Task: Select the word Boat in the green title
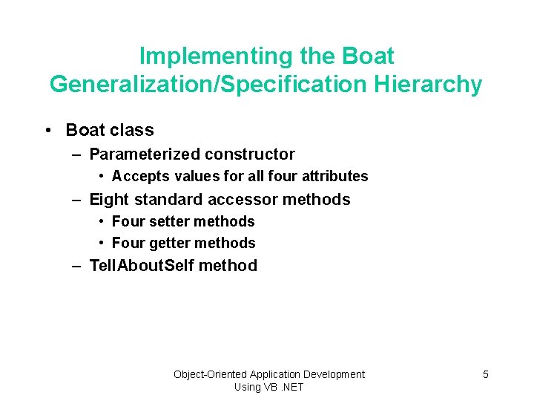369,56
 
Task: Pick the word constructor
250,154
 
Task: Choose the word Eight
108,200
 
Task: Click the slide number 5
486,374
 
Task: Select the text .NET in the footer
289,387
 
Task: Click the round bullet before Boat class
47,131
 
